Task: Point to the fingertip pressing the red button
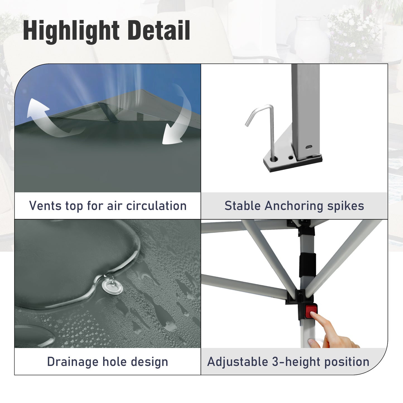[312, 314]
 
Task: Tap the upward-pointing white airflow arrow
[46, 117]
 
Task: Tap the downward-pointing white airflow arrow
[178, 117]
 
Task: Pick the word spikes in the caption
[346, 206]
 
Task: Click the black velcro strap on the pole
[307, 265]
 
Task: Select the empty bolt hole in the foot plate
[291, 157]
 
